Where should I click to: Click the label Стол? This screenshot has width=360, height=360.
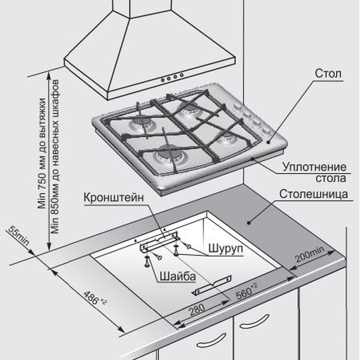(328, 73)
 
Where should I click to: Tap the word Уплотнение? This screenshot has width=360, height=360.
(314, 167)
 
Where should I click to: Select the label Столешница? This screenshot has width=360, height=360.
(313, 194)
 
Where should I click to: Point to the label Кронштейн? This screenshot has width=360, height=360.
(113, 197)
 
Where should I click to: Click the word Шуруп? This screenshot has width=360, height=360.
(226, 248)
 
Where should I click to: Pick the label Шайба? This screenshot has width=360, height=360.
(178, 276)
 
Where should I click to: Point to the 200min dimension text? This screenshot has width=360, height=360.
(310, 254)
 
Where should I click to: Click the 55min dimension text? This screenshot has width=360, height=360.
(19, 236)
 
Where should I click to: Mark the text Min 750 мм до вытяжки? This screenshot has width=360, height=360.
(42, 154)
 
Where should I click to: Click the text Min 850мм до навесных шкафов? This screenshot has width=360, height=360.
(55, 157)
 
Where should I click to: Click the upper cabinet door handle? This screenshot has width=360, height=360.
(254, 321)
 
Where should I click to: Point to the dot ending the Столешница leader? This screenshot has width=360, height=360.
(248, 223)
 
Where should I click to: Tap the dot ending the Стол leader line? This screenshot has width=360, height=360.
(268, 142)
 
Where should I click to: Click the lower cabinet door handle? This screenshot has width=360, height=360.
(211, 340)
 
